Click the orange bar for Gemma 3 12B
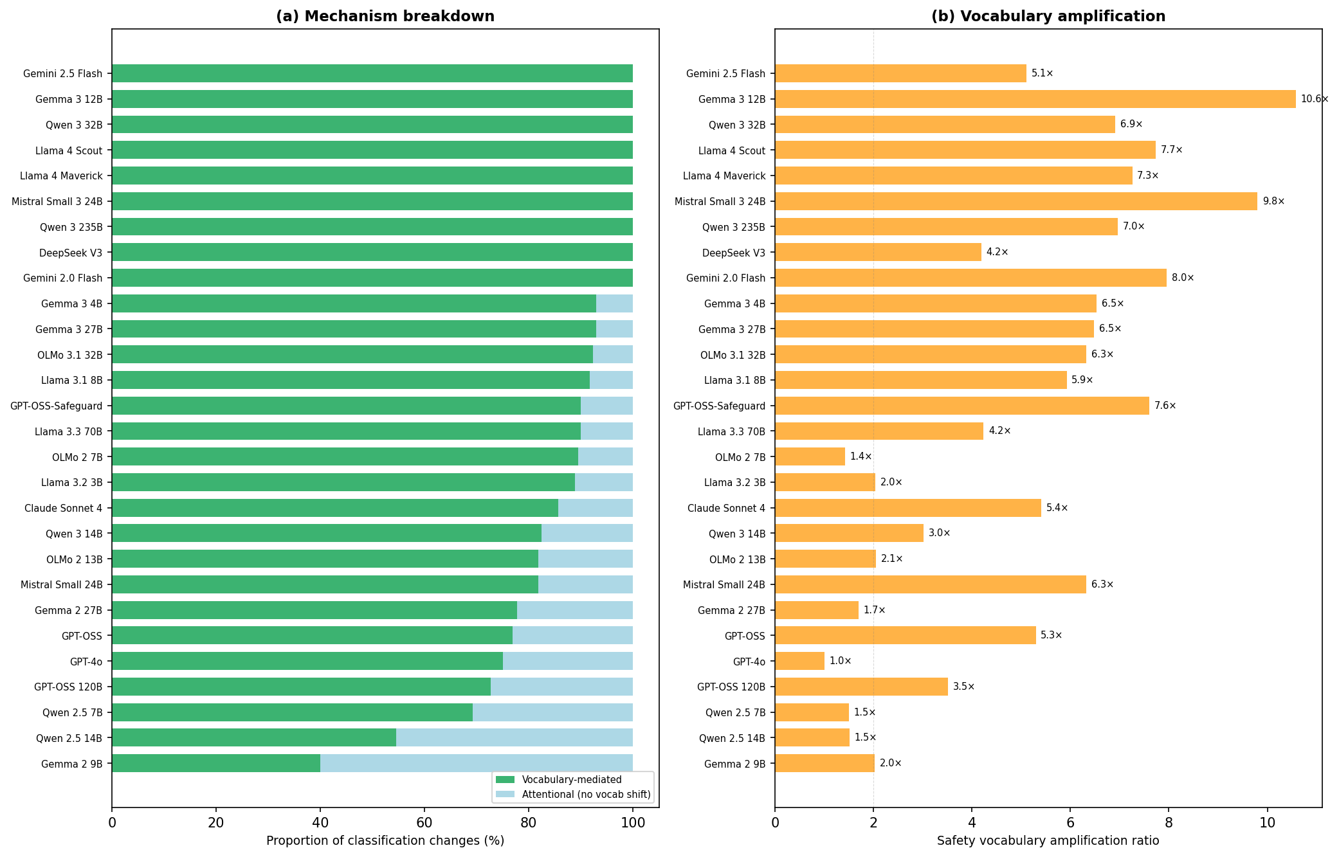coord(1035,99)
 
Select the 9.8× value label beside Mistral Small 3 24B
coord(1273,201)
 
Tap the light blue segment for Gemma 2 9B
coord(476,763)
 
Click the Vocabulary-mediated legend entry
coord(572,780)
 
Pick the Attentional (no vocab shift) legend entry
coord(586,795)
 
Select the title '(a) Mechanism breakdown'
coord(385,17)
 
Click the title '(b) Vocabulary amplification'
coord(1048,17)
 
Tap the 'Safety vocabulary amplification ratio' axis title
coord(1048,841)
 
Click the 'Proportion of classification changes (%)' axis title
coord(385,841)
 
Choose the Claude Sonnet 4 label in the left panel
coord(63,509)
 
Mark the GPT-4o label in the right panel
coord(749,662)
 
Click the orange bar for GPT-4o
coord(799,661)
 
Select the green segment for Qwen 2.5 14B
coord(254,737)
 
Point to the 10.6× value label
coord(1315,99)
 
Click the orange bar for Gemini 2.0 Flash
coord(970,278)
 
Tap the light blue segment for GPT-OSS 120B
coord(561,687)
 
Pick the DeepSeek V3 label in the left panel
coord(71,253)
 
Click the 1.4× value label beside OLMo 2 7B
coord(861,456)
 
